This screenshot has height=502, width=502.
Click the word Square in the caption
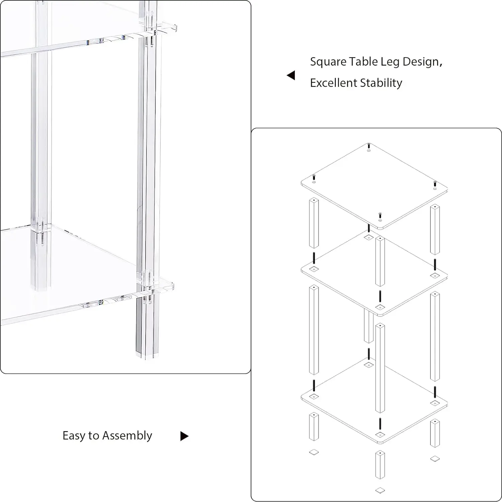click(328, 62)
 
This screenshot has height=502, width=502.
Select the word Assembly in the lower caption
click(127, 436)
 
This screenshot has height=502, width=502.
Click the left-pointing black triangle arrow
click(291, 75)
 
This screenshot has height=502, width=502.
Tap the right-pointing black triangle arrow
click(184, 436)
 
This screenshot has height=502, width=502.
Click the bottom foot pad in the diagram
click(380, 490)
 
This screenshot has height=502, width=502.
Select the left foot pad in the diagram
click(314, 452)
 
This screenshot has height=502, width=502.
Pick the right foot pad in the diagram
click(435, 458)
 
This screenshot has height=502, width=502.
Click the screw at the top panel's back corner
click(369, 146)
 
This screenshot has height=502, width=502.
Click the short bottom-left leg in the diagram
click(314, 426)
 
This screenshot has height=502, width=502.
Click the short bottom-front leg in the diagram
click(380, 465)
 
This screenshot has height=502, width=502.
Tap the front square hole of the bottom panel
click(380, 435)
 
